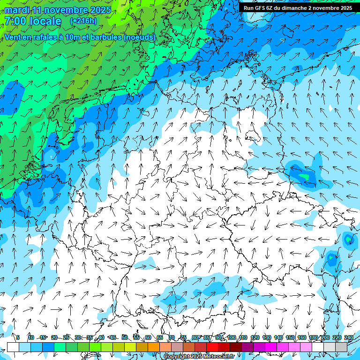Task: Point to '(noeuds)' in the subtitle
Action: (x=139, y=37)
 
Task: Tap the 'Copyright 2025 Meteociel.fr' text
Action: (x=199, y=357)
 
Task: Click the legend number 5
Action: (x=18, y=337)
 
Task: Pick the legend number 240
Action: (x=349, y=337)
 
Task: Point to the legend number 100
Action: (x=232, y=337)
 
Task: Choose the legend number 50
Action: (x=125, y=337)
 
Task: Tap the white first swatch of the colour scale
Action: (x=13, y=347)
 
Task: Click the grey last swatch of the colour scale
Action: (x=341, y=347)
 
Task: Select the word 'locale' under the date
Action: (x=45, y=21)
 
